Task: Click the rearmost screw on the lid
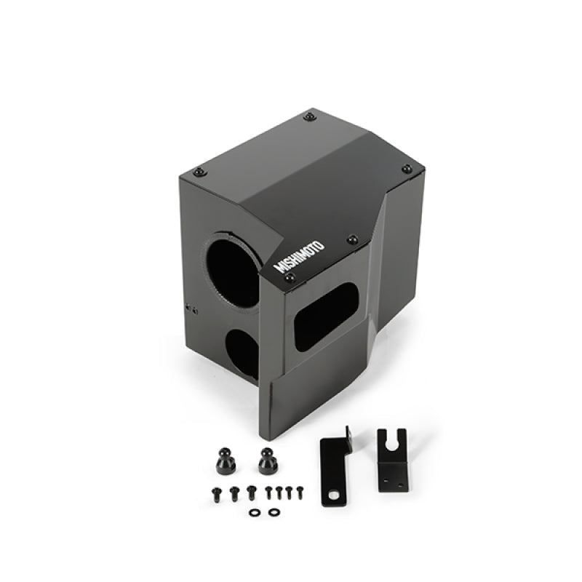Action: (x=311, y=116)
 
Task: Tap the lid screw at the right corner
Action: (x=407, y=169)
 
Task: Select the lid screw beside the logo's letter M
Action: (x=290, y=278)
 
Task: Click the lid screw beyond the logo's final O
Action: (x=353, y=239)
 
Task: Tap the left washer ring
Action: (x=253, y=512)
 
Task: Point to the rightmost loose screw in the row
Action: (x=298, y=491)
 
